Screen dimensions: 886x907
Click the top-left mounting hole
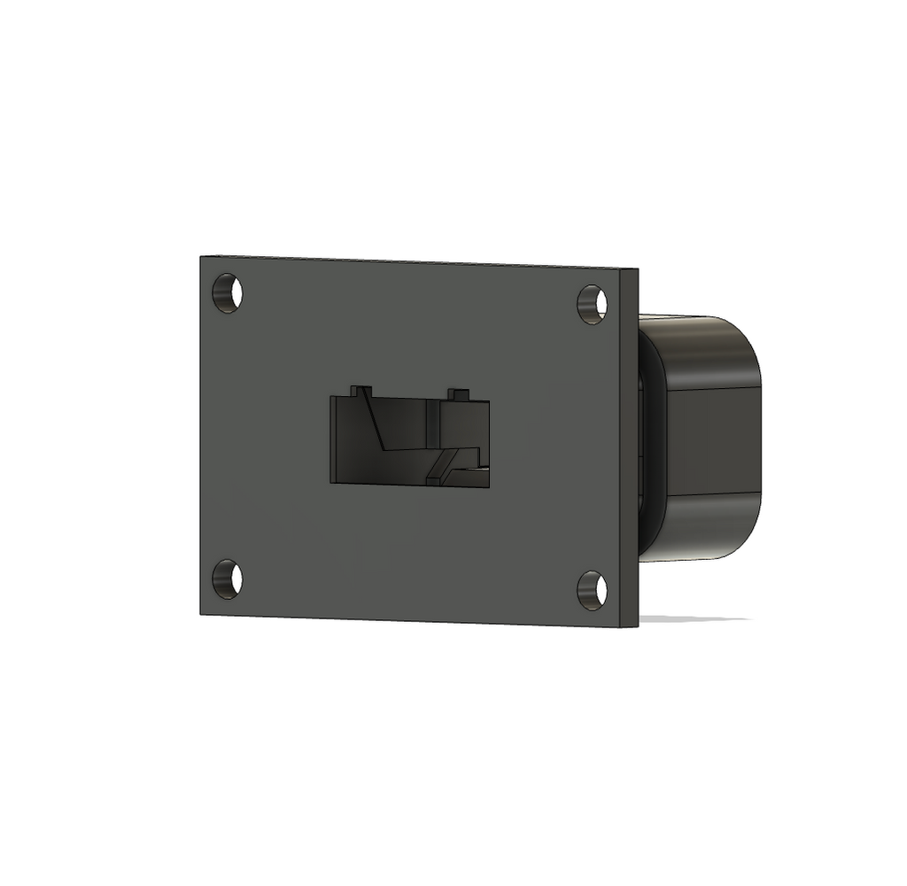[227, 292]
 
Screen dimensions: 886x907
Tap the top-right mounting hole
[592, 304]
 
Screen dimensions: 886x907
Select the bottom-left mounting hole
[227, 579]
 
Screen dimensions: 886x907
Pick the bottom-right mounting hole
[592, 589]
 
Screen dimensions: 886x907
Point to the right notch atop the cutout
[458, 393]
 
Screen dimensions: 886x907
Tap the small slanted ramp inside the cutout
[444, 462]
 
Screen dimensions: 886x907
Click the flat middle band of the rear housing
[713, 439]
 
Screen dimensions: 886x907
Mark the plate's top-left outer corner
[202, 258]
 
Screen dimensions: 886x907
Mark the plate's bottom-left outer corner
[202, 612]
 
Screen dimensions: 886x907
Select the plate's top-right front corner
[620, 269]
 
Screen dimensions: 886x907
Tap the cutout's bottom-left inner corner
[333, 481]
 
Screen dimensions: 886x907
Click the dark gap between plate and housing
[649, 443]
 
